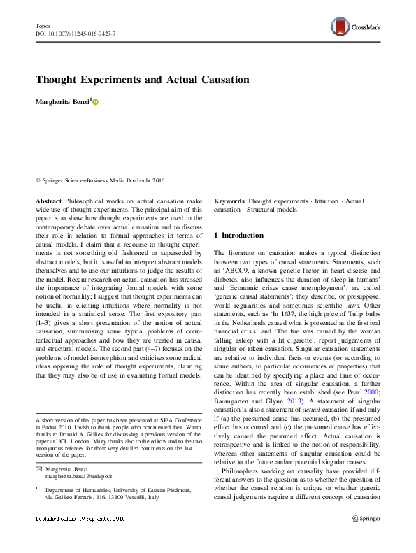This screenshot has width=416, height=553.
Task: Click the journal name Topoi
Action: click(43, 24)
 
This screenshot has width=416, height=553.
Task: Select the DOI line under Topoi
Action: click(75, 34)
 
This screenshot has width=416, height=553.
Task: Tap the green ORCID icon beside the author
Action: click(96, 102)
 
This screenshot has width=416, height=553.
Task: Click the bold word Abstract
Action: click(48, 201)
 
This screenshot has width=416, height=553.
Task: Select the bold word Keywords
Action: click(229, 201)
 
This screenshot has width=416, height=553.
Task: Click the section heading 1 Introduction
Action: click(238, 235)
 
